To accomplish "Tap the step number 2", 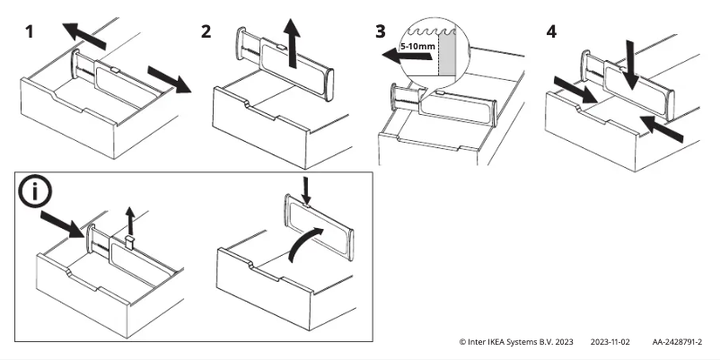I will pos(206,31).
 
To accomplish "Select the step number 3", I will pos(382,31).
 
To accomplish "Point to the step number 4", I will pos(550,31).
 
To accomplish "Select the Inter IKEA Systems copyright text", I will pos(515,342).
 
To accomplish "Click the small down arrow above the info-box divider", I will pos(307,189).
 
